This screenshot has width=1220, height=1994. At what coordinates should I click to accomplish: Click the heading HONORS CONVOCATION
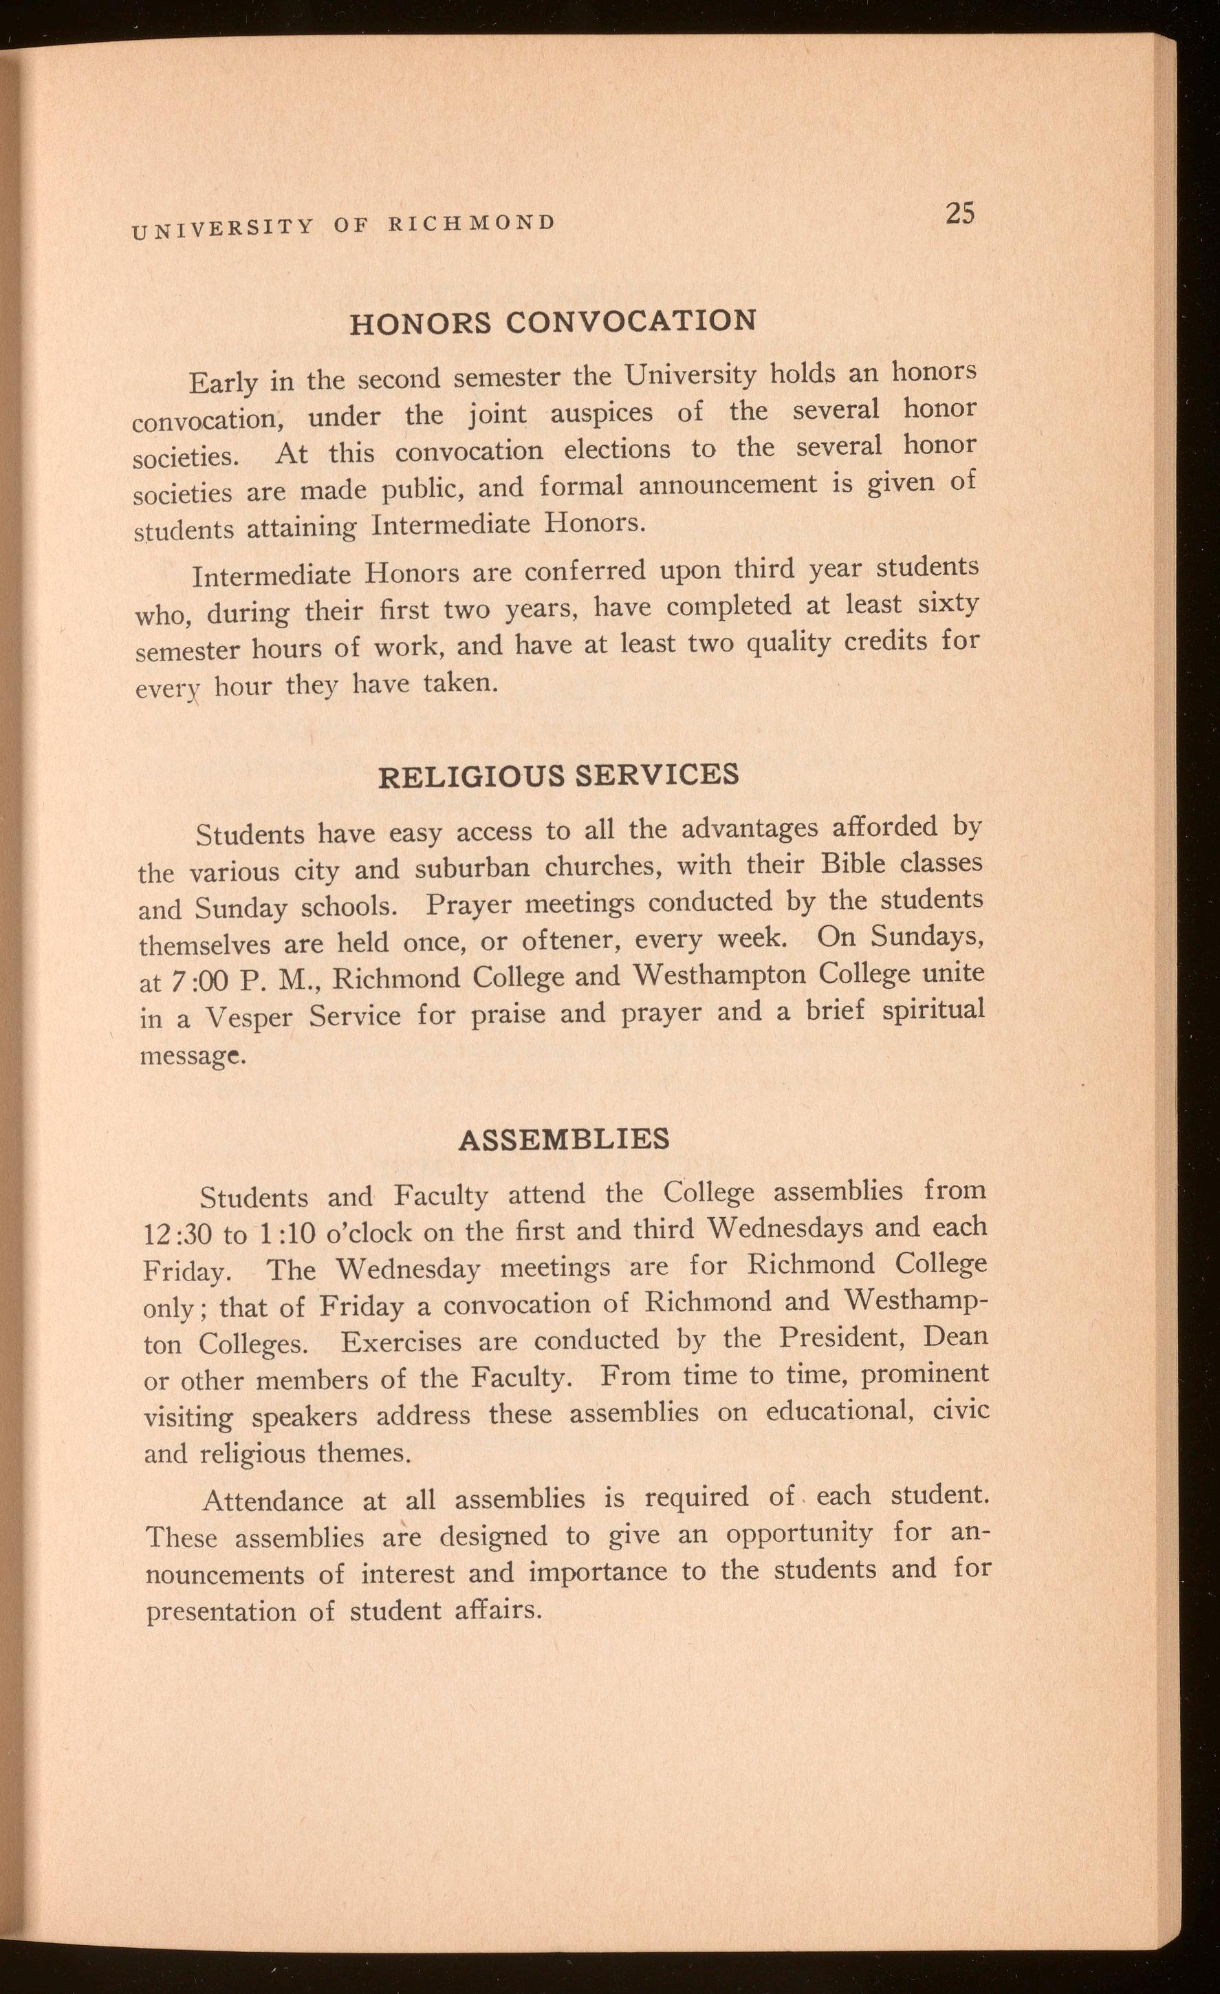tap(552, 321)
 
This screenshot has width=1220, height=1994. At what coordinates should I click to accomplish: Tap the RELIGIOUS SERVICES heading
tap(559, 775)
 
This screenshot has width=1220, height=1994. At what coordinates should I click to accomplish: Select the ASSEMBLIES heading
tap(564, 1139)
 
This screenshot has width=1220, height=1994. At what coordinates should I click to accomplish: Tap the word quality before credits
tap(790, 644)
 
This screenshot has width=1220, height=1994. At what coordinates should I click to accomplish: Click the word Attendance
tap(272, 1501)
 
